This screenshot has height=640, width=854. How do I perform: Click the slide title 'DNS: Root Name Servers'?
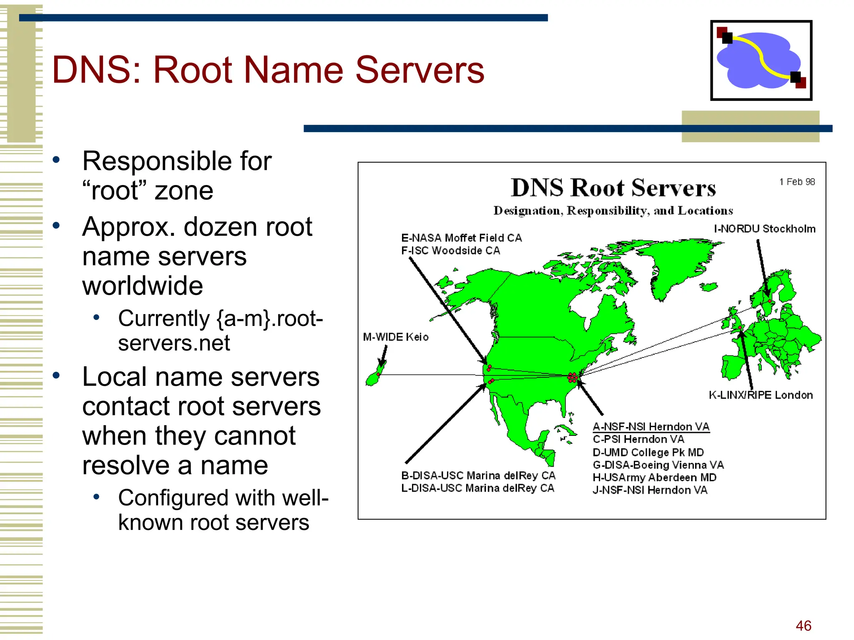pos(268,70)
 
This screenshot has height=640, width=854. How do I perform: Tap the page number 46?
pos(803,625)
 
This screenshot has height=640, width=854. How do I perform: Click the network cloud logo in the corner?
pos(761,60)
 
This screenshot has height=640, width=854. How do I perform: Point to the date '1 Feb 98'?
pos(797,182)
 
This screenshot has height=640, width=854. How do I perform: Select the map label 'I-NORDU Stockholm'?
pos(764,229)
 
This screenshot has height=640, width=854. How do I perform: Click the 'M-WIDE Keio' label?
pos(395,337)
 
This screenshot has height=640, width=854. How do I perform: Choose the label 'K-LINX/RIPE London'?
pos(761,395)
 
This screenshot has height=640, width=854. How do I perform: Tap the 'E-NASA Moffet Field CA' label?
pos(461,238)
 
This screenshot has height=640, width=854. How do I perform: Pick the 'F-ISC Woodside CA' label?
pos(450,250)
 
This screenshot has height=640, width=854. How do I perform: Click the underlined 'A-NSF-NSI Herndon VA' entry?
pos(651,427)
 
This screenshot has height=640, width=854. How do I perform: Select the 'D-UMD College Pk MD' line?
pos(648,452)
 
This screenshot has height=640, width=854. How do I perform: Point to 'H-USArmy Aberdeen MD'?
pos(654,477)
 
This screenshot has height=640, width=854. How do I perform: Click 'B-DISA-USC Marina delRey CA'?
pos(478,475)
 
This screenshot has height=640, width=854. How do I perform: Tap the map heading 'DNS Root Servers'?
pos(613,188)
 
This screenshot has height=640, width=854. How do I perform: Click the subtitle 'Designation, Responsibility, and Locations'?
pos(613,211)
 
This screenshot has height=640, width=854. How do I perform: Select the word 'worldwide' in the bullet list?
pos(143,286)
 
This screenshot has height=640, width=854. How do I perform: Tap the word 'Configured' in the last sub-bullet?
pos(173,498)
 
